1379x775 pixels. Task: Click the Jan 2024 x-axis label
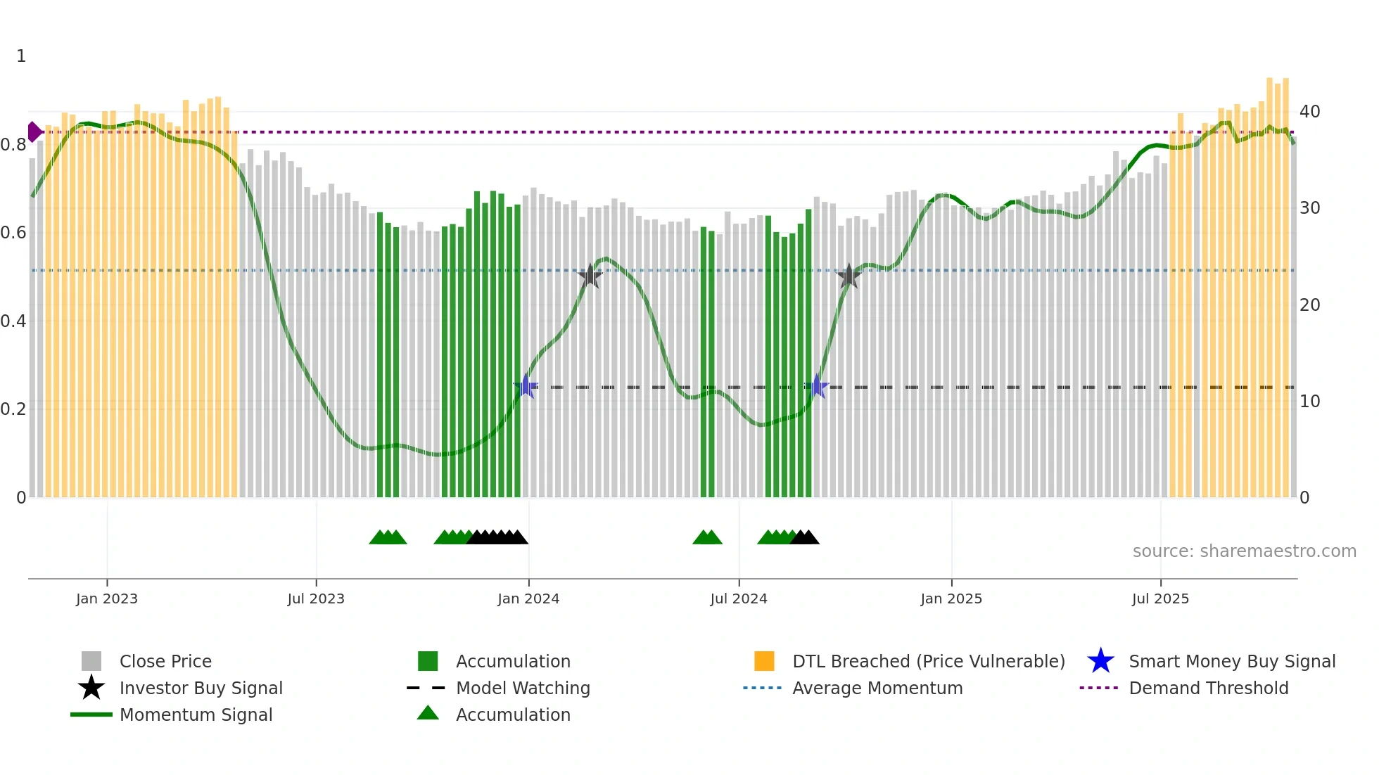(528, 598)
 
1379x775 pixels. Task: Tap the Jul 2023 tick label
(316, 598)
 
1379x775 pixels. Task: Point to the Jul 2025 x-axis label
(1160, 598)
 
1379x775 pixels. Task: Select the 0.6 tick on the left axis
(13, 233)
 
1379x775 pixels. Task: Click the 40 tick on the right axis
(1309, 112)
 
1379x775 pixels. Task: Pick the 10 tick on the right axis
(1309, 402)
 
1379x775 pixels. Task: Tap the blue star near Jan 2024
(526, 386)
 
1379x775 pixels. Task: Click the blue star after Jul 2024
(817, 386)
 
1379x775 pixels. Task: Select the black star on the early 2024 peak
(590, 276)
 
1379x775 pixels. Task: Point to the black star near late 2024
(849, 276)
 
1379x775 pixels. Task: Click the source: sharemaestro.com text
(1244, 551)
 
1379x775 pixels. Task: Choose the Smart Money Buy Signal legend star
(1100, 661)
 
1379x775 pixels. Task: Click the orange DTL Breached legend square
(764, 661)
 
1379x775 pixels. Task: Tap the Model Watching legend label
(523, 688)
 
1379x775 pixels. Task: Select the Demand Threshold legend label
(1208, 688)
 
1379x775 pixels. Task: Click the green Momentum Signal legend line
(91, 715)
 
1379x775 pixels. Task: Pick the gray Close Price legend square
(91, 661)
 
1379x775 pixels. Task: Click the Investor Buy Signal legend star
(91, 688)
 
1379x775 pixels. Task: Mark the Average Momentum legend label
(877, 688)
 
